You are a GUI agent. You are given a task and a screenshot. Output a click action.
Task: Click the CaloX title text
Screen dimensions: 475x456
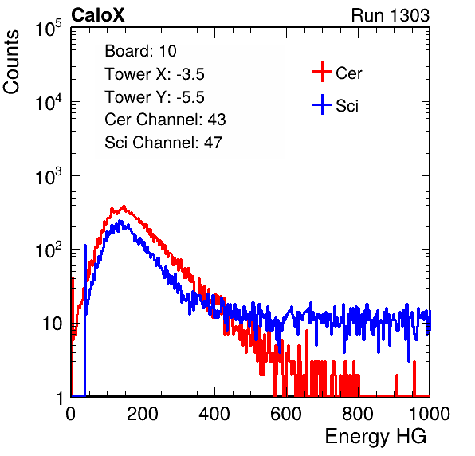click(x=97, y=15)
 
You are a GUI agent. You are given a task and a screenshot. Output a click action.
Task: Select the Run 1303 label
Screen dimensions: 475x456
click(x=391, y=15)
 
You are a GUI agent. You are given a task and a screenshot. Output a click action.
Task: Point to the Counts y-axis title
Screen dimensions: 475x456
click(x=11, y=62)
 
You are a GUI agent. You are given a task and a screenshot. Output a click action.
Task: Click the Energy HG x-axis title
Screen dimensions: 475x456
click(x=375, y=437)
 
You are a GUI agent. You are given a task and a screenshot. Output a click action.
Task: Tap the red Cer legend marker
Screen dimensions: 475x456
click(x=322, y=72)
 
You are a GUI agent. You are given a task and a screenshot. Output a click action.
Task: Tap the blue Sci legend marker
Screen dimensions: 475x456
click(x=322, y=104)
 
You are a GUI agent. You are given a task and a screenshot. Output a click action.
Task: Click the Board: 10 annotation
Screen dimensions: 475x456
click(x=140, y=51)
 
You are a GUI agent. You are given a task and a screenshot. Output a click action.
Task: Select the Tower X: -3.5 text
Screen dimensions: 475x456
click(x=155, y=74)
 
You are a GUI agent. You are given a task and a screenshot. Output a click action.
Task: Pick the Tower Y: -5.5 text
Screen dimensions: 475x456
click(x=155, y=97)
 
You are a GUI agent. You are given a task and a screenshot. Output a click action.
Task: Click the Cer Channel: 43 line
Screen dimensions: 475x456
click(x=165, y=120)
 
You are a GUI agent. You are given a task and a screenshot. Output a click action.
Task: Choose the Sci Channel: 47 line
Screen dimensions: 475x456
click(x=163, y=143)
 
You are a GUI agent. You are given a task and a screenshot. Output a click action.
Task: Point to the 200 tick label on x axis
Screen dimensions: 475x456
click(x=143, y=414)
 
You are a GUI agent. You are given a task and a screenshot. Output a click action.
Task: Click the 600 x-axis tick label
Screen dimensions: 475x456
click(x=286, y=414)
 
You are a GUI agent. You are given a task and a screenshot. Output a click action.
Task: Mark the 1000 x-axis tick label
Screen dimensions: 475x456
click(x=430, y=414)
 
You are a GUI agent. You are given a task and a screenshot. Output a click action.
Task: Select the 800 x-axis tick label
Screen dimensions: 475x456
click(x=358, y=414)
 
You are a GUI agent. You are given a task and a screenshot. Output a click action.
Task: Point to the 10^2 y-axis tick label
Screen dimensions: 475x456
click(x=49, y=250)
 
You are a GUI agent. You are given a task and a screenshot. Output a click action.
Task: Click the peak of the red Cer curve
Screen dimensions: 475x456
click(x=124, y=206)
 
